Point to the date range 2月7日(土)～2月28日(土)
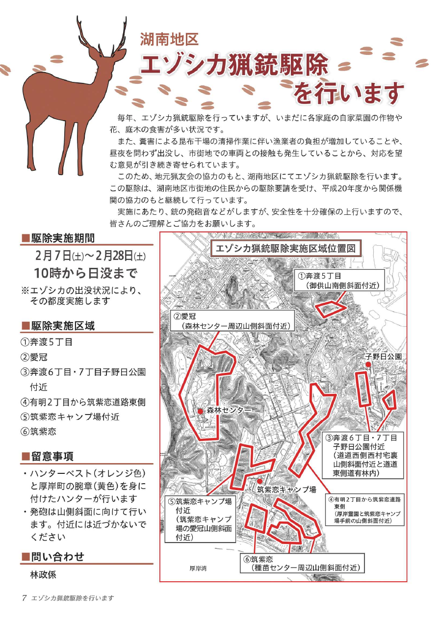tap(90, 257)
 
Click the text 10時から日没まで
tap(85, 273)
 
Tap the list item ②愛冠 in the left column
tap(34, 357)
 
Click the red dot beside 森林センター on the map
tap(201, 411)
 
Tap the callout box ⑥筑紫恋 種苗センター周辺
tap(301, 564)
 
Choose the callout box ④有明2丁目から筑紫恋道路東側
tap(363, 509)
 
